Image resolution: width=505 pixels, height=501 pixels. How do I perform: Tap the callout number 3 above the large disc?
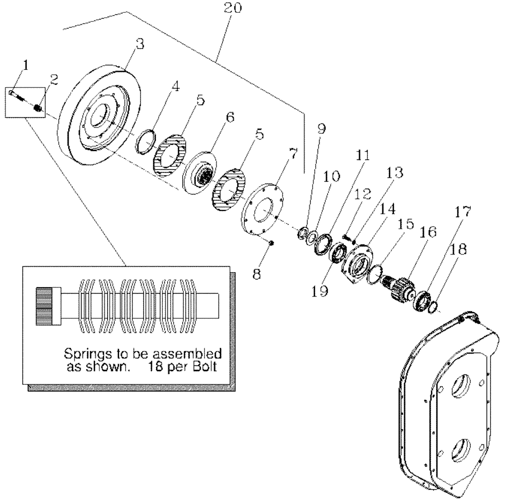pos(140,44)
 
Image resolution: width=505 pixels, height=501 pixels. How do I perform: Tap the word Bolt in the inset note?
pos(206,367)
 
